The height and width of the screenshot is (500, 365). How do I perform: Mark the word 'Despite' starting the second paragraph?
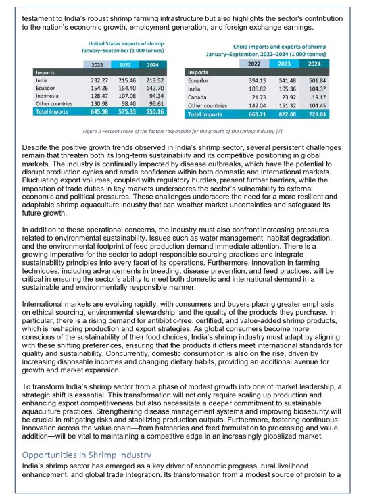(36, 147)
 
